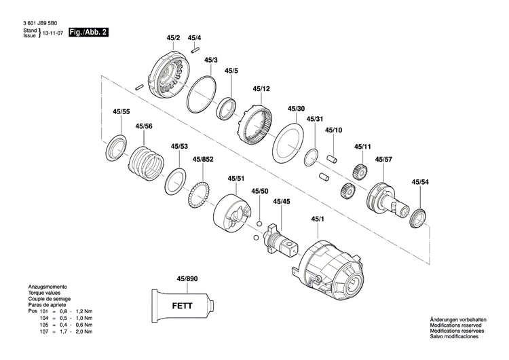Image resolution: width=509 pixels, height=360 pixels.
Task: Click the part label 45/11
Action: (x=362, y=147)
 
